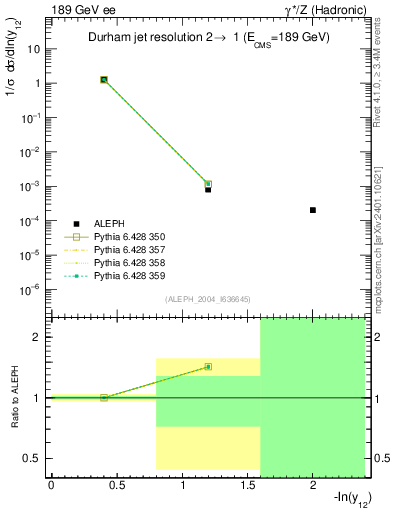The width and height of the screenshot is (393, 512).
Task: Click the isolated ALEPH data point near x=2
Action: point(313,210)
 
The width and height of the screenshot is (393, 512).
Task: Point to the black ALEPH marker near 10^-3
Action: point(208,188)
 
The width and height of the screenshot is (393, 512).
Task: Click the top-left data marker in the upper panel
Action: point(104,79)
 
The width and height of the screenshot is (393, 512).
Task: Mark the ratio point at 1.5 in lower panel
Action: point(208,367)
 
